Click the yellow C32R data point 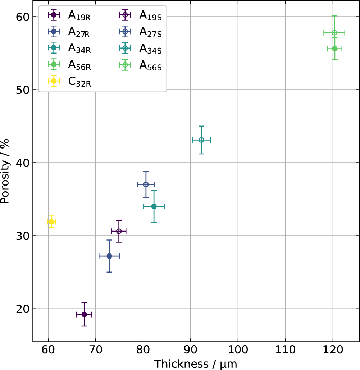click(51, 222)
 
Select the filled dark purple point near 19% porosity click(84, 314)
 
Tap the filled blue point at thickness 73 click(109, 256)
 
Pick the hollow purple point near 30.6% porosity click(119, 231)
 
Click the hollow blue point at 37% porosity click(146, 184)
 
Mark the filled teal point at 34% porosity click(154, 206)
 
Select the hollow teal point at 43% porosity click(201, 140)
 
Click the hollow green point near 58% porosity click(334, 33)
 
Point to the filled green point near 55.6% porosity click(334, 49)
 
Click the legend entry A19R click(79, 15)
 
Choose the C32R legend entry click(79, 82)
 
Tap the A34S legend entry click(150, 49)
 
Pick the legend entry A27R click(79, 32)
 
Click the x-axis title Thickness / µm click(196, 364)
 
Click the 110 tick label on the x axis click(285, 350)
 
